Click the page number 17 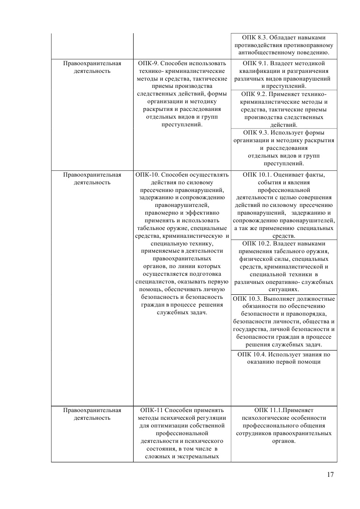click(x=330, y=475)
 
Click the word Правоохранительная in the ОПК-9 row click(x=92, y=63)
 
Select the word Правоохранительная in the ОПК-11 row click(x=92, y=410)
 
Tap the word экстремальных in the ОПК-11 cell click(x=199, y=456)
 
